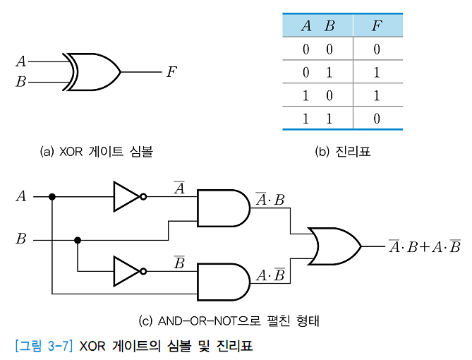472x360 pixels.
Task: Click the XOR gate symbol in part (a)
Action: coord(93,72)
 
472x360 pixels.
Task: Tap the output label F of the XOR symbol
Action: coord(171,72)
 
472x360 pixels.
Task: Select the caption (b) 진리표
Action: coord(342,151)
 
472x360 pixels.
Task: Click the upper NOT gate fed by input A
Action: coord(127,197)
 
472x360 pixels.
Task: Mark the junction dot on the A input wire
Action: coord(52,197)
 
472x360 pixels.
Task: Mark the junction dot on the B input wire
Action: coord(78,240)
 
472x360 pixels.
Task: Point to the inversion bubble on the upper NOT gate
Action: coord(143,197)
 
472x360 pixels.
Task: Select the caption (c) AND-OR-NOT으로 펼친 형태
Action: coord(229,322)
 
